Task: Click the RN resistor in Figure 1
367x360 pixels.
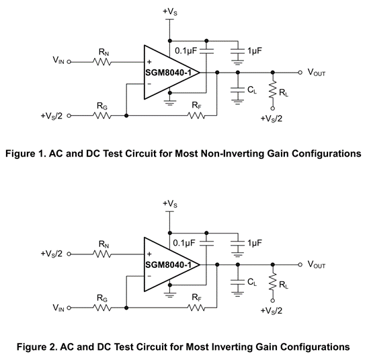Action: (102, 62)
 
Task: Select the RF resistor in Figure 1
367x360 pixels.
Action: (196, 116)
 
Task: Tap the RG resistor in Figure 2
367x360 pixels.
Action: (102, 308)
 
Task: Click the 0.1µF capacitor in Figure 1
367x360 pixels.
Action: (206, 52)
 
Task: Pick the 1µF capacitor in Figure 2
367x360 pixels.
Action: (237, 244)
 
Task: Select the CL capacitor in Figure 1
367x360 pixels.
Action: (237, 90)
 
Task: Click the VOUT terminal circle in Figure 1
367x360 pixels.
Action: (300, 73)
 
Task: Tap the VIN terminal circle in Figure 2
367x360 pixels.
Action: (69, 308)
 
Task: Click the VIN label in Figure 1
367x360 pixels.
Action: (58, 61)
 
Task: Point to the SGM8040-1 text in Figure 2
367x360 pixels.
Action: (169, 265)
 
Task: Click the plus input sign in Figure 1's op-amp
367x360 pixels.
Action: (149, 62)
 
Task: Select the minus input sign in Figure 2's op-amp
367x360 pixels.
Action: (149, 276)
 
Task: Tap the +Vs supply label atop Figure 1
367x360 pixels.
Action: (170, 11)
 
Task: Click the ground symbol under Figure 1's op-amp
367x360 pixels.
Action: (170, 102)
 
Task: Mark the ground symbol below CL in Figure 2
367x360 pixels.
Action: (237, 294)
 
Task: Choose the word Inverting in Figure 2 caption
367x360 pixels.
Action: (231, 347)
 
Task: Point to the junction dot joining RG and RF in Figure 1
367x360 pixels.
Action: (126, 116)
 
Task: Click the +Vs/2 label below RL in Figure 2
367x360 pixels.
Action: (272, 311)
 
